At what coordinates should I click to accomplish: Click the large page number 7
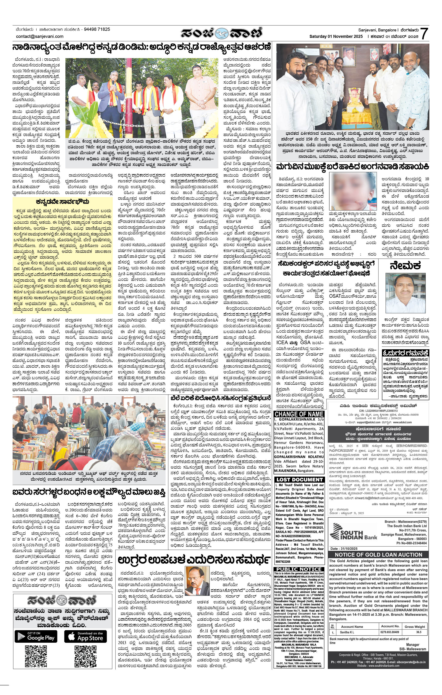pos(424,34)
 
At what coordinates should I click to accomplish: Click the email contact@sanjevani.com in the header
pos(40,36)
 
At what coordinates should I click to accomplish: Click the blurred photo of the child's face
pos(353,191)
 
